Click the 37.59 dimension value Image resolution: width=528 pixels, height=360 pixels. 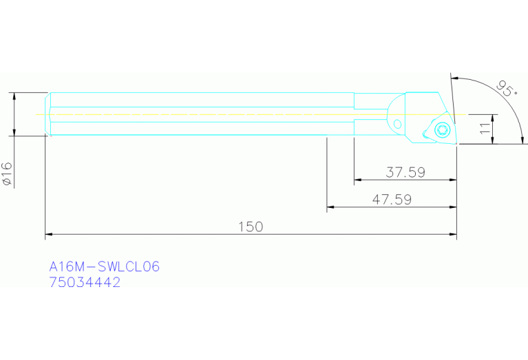[405, 172]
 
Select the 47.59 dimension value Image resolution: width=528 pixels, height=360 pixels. [392, 200]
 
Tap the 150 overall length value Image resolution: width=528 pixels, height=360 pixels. [251, 226]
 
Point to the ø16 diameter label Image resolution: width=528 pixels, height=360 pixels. [8, 174]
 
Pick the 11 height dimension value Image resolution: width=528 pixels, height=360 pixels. [485, 128]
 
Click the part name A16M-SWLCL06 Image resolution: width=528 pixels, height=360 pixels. [104, 266]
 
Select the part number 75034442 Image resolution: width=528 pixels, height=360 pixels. [85, 282]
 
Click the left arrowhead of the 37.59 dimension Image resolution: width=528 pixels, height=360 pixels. [357, 180]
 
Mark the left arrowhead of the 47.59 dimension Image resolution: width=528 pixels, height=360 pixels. [330, 207]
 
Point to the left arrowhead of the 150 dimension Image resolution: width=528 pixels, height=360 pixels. [48, 235]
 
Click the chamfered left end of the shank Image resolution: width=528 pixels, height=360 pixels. [48, 114]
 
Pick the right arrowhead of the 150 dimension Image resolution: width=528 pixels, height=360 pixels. [454, 235]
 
